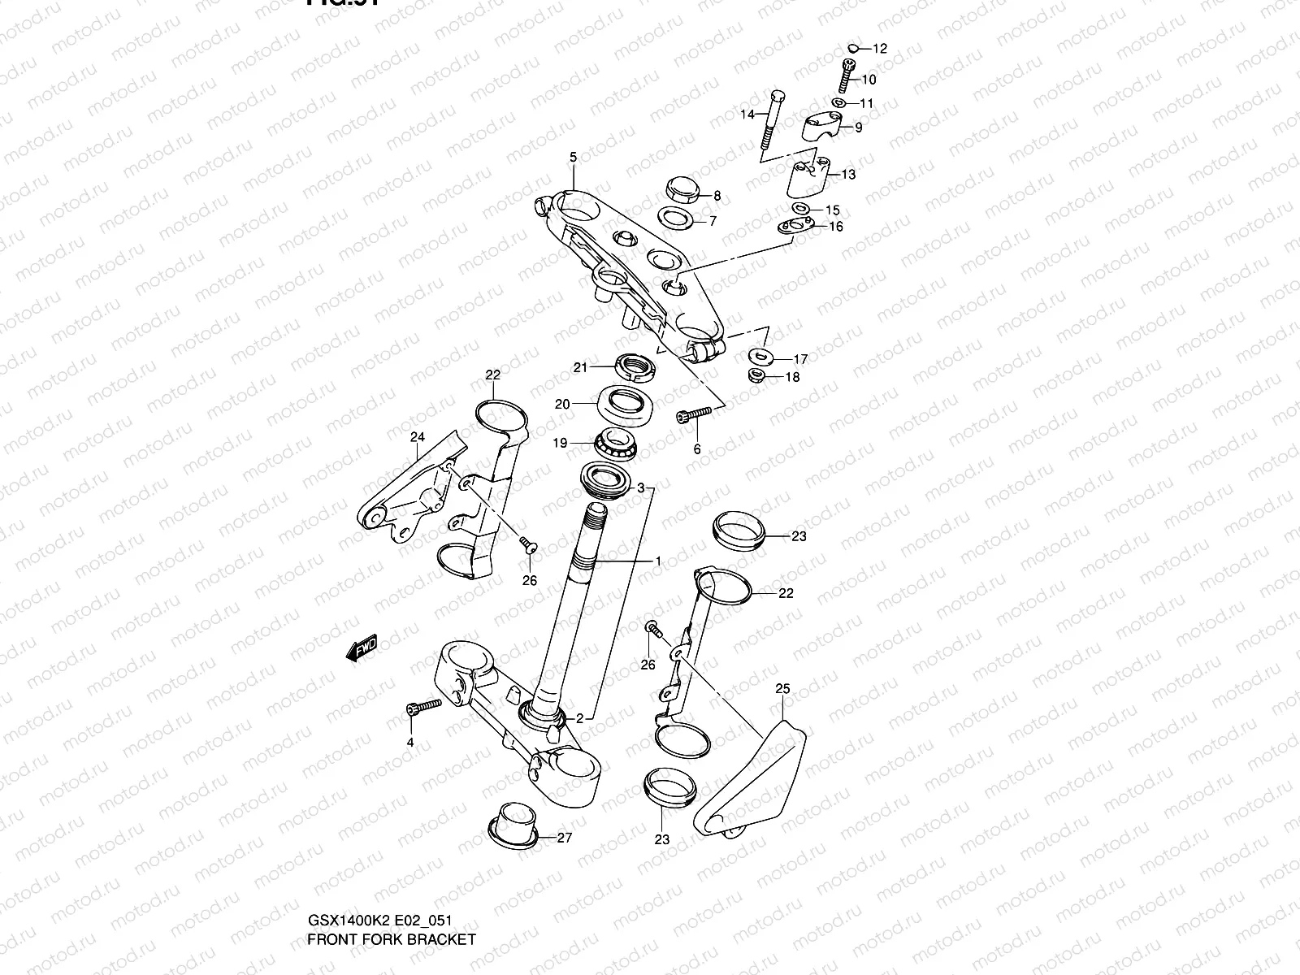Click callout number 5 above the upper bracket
point(573,157)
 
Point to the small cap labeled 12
point(852,48)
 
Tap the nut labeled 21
point(636,367)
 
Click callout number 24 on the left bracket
point(417,437)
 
